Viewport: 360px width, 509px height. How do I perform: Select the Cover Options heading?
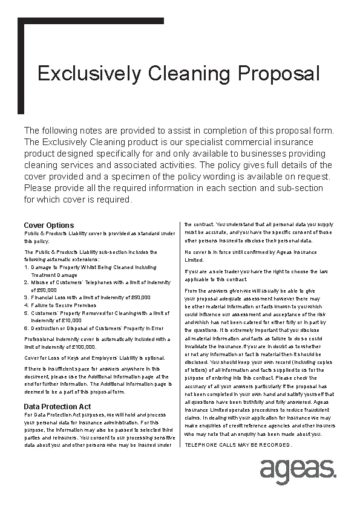click(x=48, y=225)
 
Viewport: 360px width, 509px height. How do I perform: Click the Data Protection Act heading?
click(x=57, y=406)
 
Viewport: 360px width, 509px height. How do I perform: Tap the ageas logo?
click(x=298, y=470)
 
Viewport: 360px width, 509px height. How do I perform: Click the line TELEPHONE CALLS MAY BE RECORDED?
click(x=238, y=446)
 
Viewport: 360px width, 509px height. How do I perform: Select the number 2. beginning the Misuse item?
click(x=26, y=282)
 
